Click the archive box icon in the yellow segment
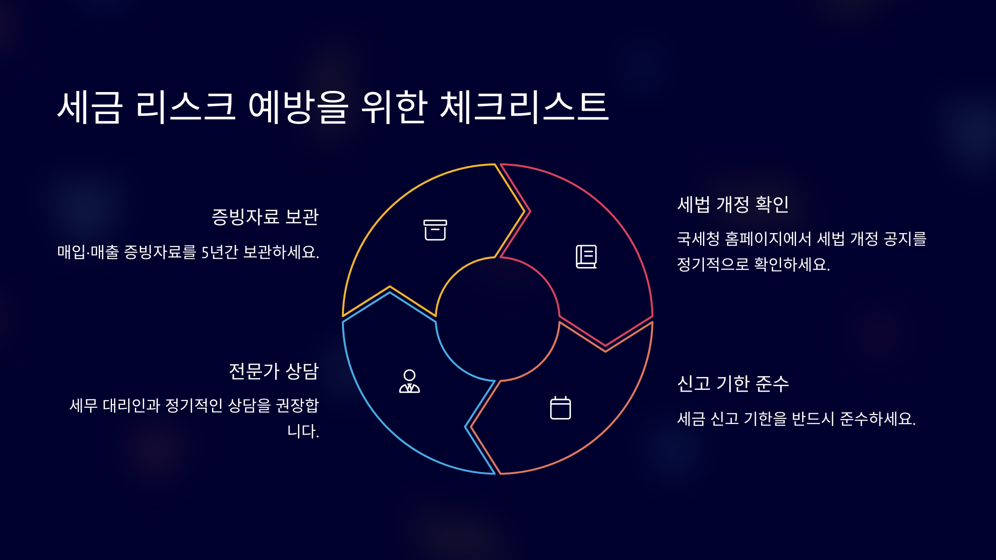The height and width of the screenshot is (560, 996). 435,230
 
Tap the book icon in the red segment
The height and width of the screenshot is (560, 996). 586,257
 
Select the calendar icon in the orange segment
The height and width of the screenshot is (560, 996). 560,408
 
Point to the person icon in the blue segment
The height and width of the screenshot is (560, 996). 410,381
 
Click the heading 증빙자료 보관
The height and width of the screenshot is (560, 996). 265,217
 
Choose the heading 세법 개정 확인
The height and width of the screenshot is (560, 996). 733,205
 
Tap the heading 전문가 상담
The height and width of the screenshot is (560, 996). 274,371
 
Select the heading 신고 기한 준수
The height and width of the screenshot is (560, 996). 733,384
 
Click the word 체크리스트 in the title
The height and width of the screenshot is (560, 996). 524,107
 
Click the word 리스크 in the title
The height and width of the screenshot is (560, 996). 186,107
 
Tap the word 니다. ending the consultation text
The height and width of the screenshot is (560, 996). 303,431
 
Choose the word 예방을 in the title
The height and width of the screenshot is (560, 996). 298,107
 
